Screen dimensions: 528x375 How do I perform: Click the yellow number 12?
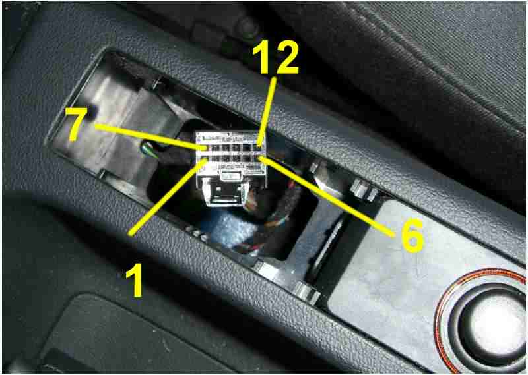(275, 57)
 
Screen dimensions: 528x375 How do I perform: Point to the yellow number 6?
(411, 235)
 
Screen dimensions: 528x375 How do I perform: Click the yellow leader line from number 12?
(267, 112)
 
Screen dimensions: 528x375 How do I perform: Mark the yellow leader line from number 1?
(168, 197)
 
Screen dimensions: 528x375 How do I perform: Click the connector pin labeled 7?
(205, 148)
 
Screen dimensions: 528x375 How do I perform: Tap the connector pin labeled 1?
(204, 158)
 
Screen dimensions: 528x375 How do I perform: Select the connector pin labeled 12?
(258, 148)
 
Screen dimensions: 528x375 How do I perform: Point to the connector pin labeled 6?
(259, 158)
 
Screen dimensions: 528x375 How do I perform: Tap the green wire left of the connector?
(147, 149)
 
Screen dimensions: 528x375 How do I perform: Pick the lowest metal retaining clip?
(307, 292)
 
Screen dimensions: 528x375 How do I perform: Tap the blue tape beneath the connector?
(232, 226)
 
